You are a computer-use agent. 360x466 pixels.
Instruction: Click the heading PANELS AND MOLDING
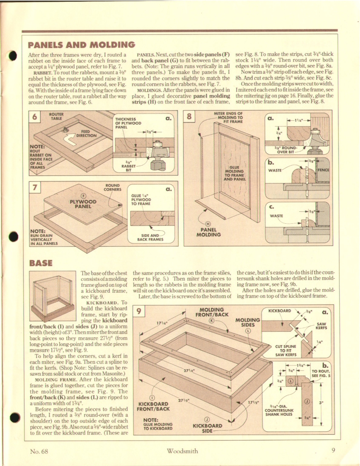click(x=81, y=45)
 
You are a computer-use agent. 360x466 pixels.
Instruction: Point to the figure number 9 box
click(x=138, y=312)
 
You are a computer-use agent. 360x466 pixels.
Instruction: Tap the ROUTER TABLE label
click(x=56, y=116)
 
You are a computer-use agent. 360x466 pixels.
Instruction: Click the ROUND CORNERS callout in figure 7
click(x=113, y=187)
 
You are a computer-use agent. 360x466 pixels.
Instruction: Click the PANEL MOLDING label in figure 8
click(x=208, y=231)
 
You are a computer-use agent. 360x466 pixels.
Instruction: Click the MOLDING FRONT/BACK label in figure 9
click(x=211, y=312)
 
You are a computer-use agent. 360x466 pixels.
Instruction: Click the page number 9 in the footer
click(x=333, y=451)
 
